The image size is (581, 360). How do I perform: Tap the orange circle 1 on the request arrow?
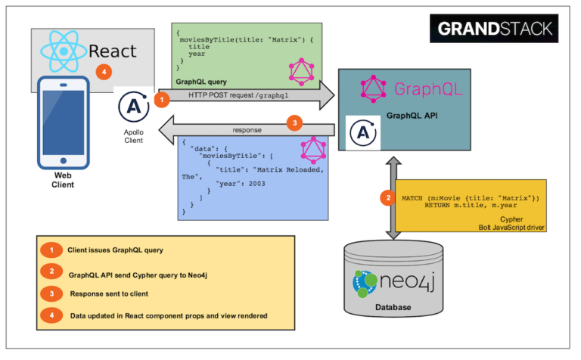pyautogui.click(x=161, y=98)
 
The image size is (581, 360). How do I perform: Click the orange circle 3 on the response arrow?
pyautogui.click(x=297, y=123)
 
